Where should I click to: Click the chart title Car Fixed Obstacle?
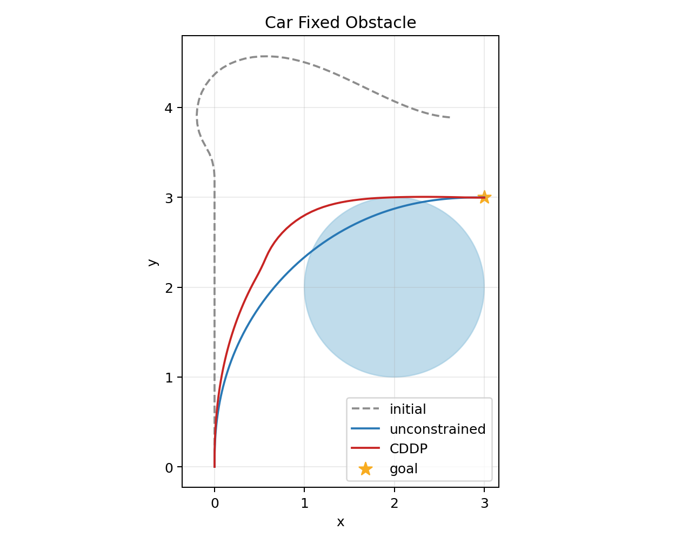pos(340,23)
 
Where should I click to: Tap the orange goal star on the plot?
pos(484,197)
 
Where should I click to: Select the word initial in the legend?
pos(408,409)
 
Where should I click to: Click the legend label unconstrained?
pos(437,429)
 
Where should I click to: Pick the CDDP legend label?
pos(409,449)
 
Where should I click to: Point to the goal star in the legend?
pos(365,469)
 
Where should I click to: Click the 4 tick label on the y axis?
pos(169,108)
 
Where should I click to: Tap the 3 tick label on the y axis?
pos(169,198)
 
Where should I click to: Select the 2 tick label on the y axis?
pos(169,288)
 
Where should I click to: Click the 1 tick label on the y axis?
pos(169,378)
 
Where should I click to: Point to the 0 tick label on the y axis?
pos(169,468)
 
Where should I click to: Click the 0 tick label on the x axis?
pos(215,503)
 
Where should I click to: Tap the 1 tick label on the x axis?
pos(304,503)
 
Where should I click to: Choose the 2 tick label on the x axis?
pos(395,503)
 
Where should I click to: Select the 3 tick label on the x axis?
pos(484,503)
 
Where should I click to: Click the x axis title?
pos(340,522)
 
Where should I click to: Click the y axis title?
pos(152,262)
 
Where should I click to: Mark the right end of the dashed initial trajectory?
pos(450,117)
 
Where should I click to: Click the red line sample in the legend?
pos(365,448)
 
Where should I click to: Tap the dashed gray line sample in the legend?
pos(365,408)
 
